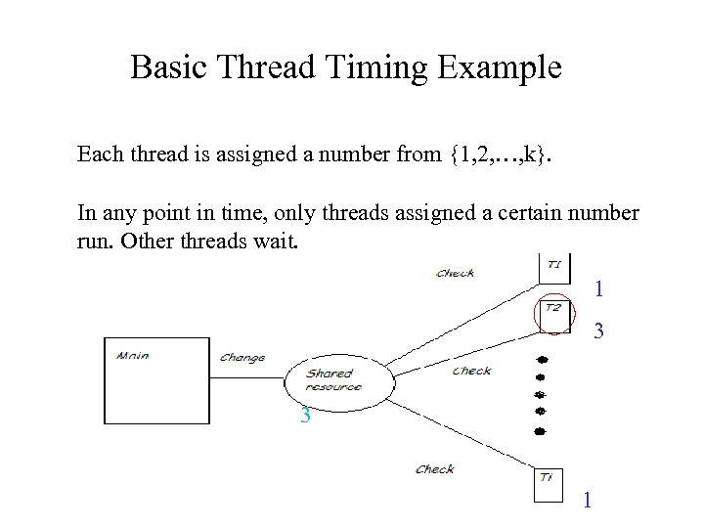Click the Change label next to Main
[x=242, y=358]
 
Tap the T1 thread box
[x=553, y=267]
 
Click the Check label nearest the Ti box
[x=435, y=469]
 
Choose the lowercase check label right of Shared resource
[x=472, y=371]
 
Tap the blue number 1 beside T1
[x=599, y=289]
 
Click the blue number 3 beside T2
[x=599, y=333]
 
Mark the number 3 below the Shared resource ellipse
[x=306, y=416]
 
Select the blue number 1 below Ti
[x=587, y=501]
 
